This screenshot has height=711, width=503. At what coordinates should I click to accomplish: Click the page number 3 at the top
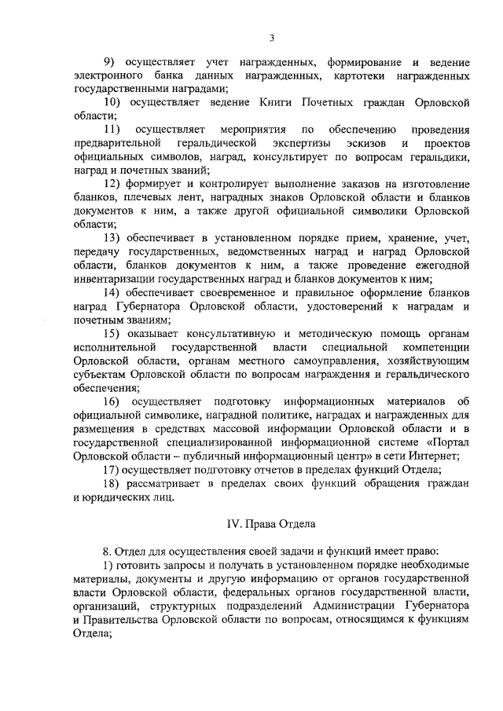tap(271, 38)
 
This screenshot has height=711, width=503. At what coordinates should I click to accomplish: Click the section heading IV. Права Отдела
tap(270, 525)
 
